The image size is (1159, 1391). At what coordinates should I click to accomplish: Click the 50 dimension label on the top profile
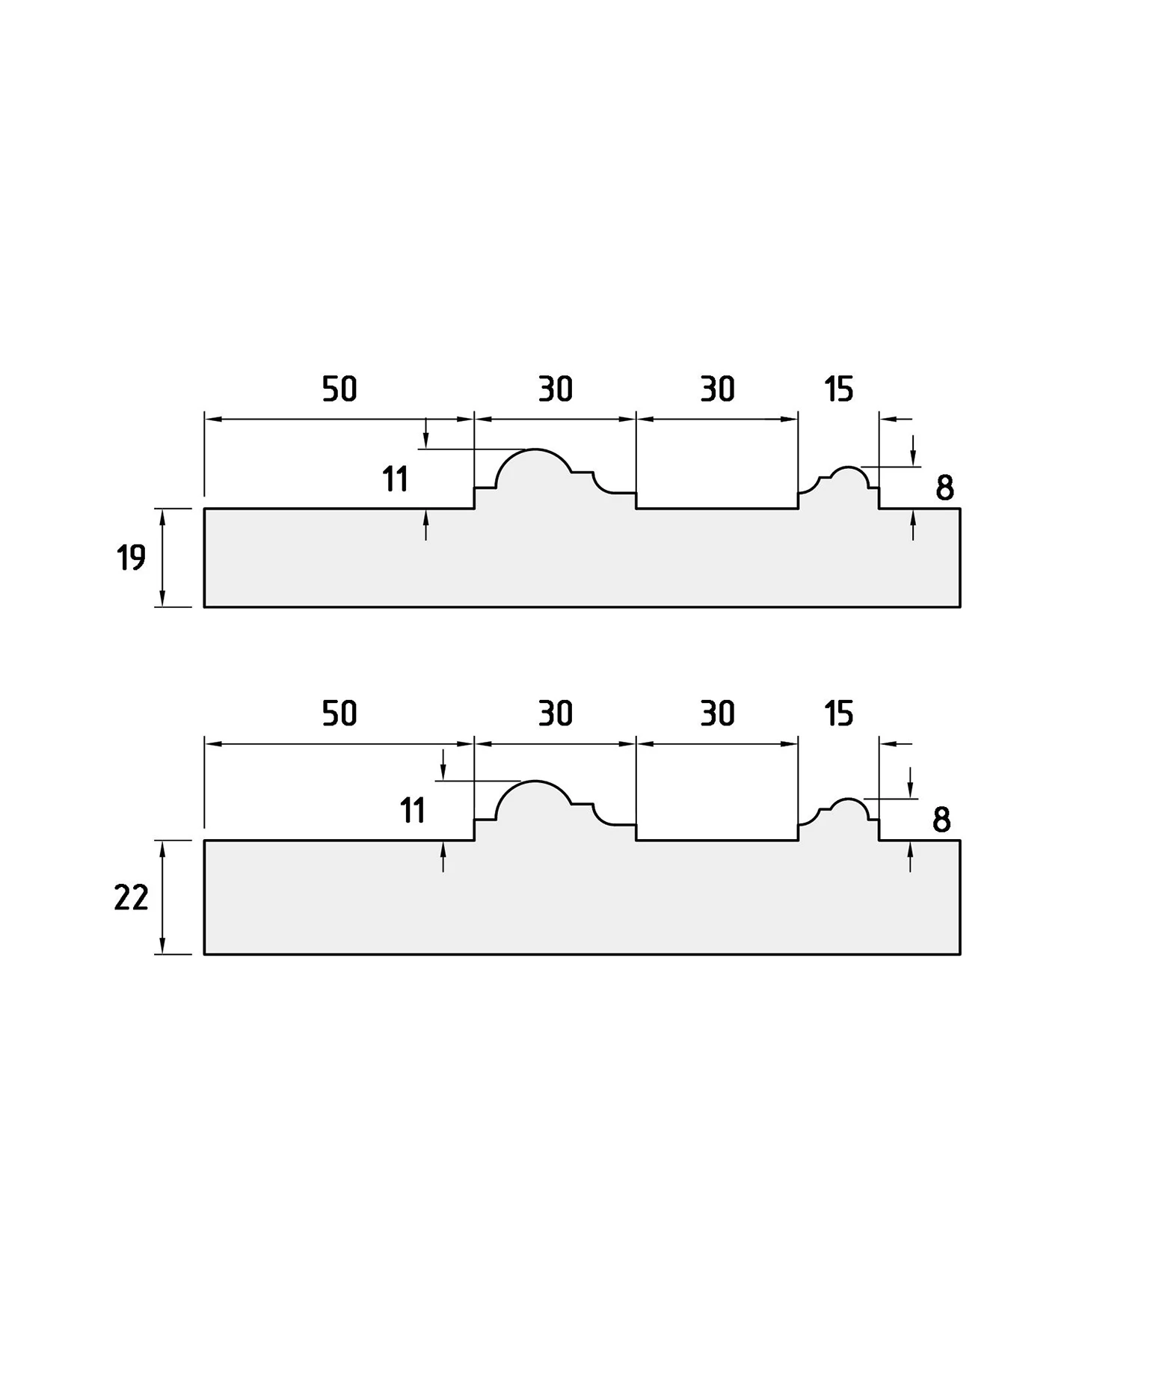pyautogui.click(x=339, y=389)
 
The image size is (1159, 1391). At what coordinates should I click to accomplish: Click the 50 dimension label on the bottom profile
pyautogui.click(x=339, y=713)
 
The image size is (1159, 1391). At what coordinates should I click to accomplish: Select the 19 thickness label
pyautogui.click(x=131, y=558)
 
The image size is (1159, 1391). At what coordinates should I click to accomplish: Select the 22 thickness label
pyautogui.click(x=131, y=897)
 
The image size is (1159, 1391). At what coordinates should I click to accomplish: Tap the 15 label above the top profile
pyautogui.click(x=838, y=389)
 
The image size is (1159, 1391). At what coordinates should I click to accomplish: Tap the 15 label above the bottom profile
pyautogui.click(x=838, y=713)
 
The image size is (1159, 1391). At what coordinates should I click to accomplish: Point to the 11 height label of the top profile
pyautogui.click(x=395, y=479)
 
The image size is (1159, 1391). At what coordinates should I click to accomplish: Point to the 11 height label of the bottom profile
pyautogui.click(x=413, y=811)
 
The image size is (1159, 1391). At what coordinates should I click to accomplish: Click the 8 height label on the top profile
pyautogui.click(x=944, y=488)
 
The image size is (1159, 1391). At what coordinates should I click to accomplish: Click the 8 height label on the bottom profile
pyautogui.click(x=941, y=820)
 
